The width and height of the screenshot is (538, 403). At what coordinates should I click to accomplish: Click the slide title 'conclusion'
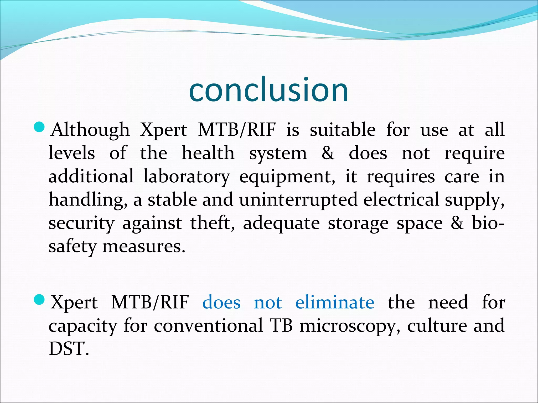click(268, 90)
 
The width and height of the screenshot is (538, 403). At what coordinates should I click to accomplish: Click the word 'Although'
click(90, 130)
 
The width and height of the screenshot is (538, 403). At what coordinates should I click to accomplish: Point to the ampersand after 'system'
click(328, 153)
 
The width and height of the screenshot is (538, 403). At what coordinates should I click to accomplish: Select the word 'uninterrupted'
click(298, 199)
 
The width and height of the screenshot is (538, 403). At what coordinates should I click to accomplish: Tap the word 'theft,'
click(212, 223)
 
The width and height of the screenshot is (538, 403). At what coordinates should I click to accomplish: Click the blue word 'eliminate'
click(335, 302)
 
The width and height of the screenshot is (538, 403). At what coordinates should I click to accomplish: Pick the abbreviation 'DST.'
click(69, 349)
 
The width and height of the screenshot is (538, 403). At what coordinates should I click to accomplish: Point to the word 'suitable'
click(343, 130)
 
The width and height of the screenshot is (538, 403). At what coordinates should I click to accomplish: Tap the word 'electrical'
click(401, 199)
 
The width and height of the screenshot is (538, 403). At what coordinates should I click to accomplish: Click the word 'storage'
click(358, 224)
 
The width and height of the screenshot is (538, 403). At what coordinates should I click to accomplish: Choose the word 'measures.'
click(144, 247)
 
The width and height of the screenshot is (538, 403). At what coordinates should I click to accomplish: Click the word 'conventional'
click(208, 326)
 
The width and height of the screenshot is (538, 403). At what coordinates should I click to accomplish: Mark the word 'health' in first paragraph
click(208, 153)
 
